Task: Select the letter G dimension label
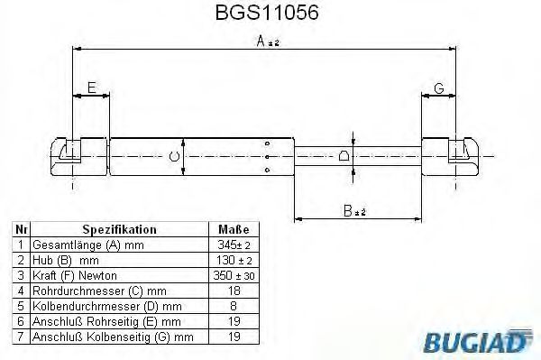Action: point(438,88)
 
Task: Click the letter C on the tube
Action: point(174,156)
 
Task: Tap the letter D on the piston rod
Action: point(344,156)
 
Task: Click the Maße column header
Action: point(234,230)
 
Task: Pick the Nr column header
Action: point(20,230)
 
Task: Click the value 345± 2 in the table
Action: point(234,245)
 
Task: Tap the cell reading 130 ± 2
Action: point(234,260)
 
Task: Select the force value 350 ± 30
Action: point(234,275)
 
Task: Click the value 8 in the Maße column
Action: point(234,306)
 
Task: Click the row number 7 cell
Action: point(20,337)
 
